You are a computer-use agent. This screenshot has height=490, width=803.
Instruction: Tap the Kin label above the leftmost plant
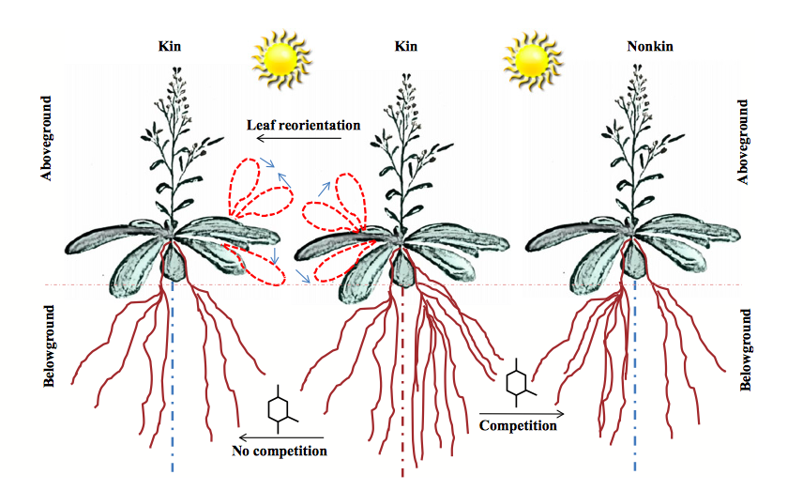(x=171, y=45)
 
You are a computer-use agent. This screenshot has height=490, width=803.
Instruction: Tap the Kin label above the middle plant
(x=406, y=45)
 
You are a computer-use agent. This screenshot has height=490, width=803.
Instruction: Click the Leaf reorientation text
(x=303, y=124)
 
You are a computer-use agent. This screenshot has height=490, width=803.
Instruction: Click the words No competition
(x=279, y=452)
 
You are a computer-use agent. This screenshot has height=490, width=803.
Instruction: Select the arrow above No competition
(x=281, y=437)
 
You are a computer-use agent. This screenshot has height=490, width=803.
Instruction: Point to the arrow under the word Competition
(x=522, y=413)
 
